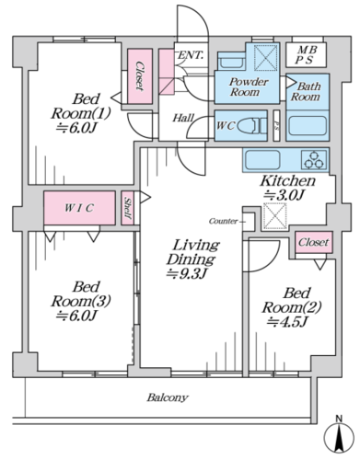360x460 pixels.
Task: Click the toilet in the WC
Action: coord(252,126)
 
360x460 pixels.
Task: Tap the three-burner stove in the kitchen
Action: coord(314,159)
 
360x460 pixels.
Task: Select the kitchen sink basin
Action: coord(262,159)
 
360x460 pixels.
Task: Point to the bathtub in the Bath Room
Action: coord(308,126)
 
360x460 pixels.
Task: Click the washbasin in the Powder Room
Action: coord(231,62)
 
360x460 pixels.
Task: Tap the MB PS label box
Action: coord(306,55)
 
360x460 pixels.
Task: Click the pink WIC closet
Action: coord(79,208)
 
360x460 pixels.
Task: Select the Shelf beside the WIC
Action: coord(127,208)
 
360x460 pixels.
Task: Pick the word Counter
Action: coord(223,221)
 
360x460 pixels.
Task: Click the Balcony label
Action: coord(168,397)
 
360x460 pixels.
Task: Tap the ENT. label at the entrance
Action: coord(191,55)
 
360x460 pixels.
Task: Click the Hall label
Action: coord(183,118)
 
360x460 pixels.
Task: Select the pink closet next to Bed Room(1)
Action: coord(140,76)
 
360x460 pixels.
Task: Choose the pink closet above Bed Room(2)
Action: coord(314,242)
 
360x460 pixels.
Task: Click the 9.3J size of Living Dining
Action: coord(186,273)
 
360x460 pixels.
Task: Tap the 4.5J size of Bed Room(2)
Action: coord(287,322)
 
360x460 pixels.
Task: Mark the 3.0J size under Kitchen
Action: coord(285,195)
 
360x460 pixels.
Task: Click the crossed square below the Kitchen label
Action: coord(275,216)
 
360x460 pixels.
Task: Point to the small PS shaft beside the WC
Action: coord(276,125)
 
